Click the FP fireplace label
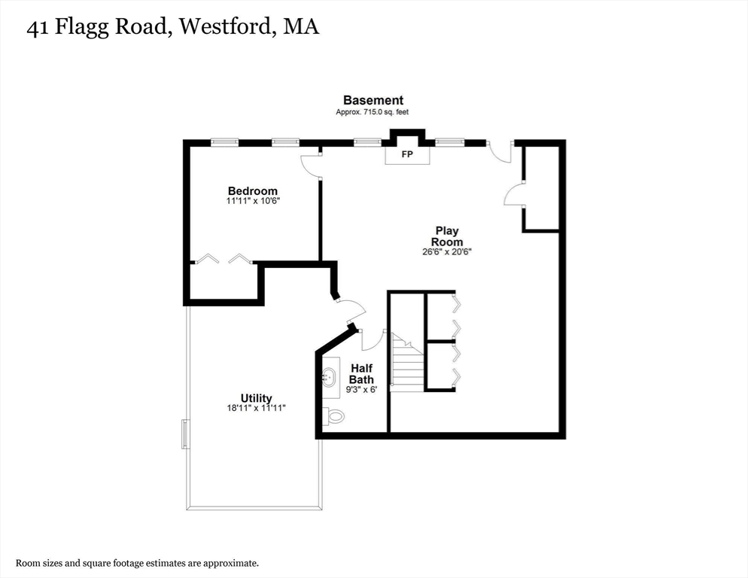click(407, 155)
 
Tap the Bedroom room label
click(253, 191)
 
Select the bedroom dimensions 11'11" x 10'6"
click(253, 202)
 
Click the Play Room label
click(446, 236)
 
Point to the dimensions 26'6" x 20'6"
click(446, 252)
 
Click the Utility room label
click(256, 398)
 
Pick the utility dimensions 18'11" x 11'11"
click(256, 408)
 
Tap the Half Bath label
click(361, 374)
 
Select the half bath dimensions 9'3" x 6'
click(361, 390)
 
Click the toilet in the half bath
click(333, 415)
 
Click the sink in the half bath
click(330, 376)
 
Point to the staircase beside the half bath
click(407, 364)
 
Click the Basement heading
click(373, 100)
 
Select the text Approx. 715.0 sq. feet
click(372, 112)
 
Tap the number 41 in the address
click(40, 28)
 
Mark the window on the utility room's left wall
click(185, 434)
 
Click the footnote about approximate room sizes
click(138, 562)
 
